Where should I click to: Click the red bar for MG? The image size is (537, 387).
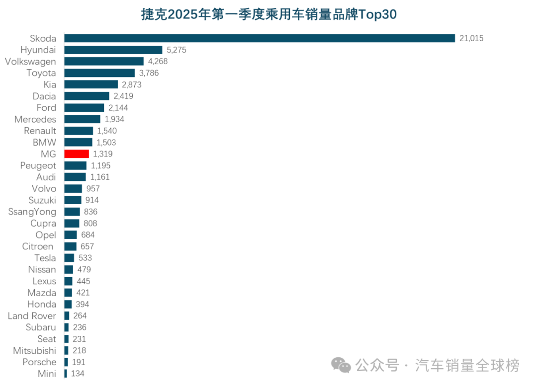point(77,154)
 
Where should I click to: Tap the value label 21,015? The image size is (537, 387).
point(471,38)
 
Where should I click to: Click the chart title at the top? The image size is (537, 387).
point(268,14)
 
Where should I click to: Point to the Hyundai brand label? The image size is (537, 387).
point(38,50)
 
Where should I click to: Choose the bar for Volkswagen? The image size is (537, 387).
point(104,62)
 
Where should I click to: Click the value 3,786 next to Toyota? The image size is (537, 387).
point(149,73)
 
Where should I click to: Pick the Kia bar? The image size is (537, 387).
point(91,84)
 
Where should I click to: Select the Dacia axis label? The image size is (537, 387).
point(44,96)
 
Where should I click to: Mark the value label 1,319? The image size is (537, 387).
point(103,154)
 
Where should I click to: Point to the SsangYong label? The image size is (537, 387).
point(32,212)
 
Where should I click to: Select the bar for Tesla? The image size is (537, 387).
point(69,258)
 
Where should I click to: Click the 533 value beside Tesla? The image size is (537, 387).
point(85,258)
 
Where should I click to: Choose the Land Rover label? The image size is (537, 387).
point(32,316)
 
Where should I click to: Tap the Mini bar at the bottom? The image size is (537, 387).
point(65,374)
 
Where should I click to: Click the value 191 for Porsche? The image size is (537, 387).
point(79,362)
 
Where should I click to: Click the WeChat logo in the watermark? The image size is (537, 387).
point(341,366)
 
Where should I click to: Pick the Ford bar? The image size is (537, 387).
point(84,108)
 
